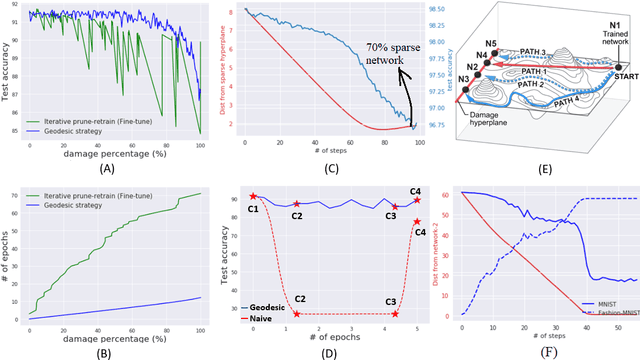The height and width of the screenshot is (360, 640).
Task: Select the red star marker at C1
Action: pyautogui.click(x=253, y=197)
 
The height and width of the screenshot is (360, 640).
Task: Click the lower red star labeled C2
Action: pyautogui.click(x=297, y=313)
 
